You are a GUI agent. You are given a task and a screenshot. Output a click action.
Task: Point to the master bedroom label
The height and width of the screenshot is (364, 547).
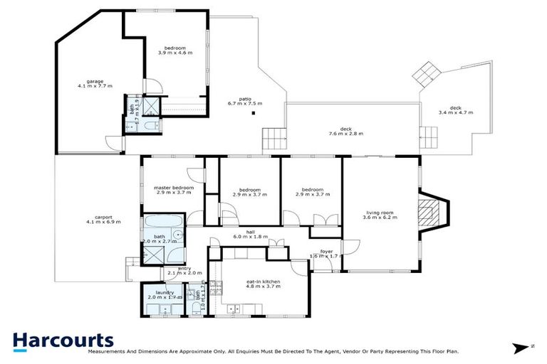pyautogui.click(x=173, y=188)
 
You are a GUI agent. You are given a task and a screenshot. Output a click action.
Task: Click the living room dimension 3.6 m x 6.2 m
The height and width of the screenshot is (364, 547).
pyautogui.click(x=380, y=218)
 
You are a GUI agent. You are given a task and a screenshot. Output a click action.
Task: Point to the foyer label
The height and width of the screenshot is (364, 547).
pyautogui.click(x=326, y=250)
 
